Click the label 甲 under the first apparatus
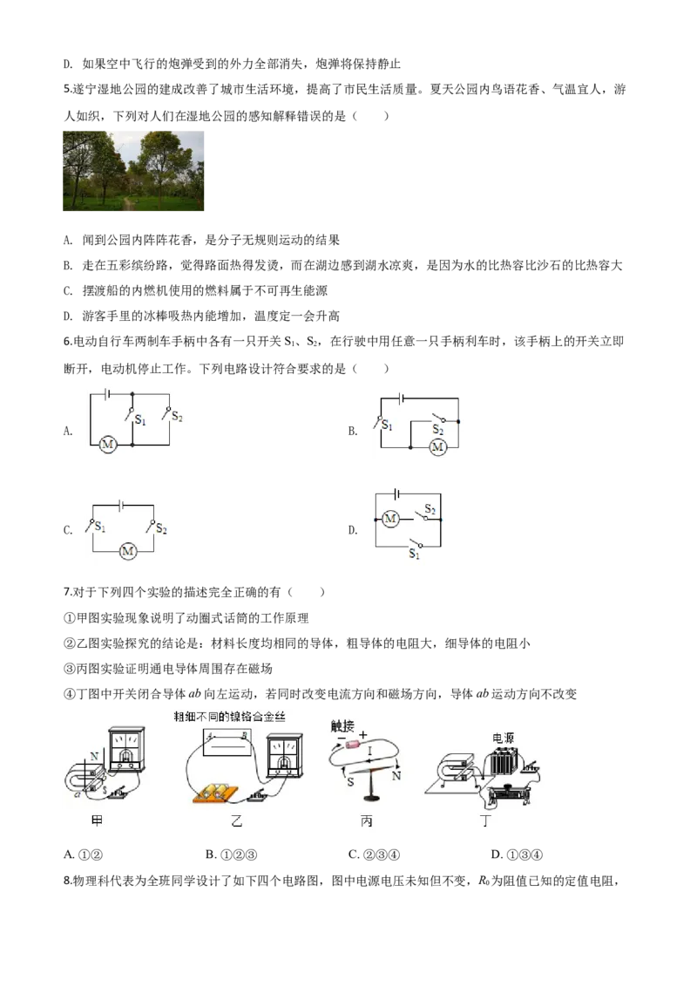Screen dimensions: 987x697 point(97,821)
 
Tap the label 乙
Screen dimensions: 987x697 point(236,821)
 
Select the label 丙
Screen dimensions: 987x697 point(366,821)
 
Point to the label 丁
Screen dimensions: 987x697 point(484,821)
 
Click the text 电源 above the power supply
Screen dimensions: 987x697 point(503,738)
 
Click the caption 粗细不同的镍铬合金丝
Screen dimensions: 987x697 point(230,717)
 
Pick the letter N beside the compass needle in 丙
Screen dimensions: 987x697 point(396,775)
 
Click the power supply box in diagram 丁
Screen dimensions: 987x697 point(504,761)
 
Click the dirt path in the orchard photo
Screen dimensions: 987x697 point(129,206)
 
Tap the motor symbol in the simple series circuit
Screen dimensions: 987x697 point(128,551)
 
